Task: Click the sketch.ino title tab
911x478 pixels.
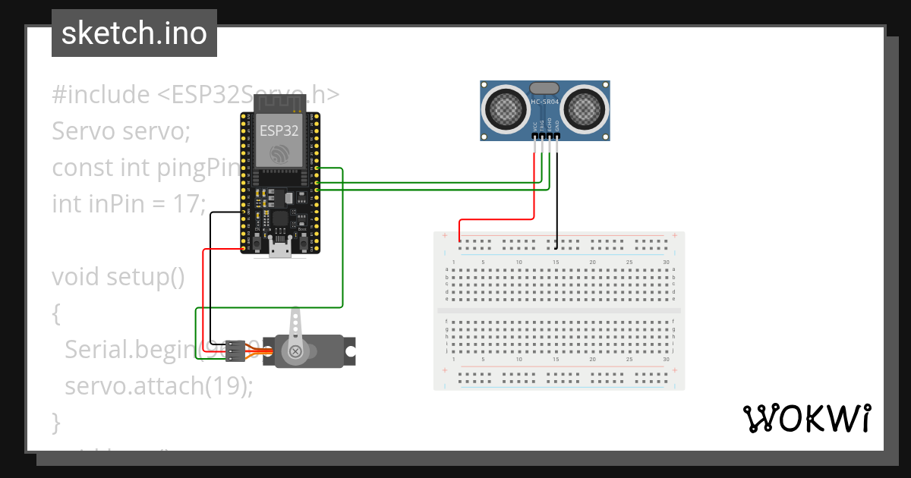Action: [134, 33]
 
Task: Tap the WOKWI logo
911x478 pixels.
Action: [805, 418]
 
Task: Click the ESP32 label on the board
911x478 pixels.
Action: [279, 130]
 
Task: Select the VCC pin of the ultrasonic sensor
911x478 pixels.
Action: [534, 137]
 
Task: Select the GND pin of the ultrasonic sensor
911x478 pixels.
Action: [556, 137]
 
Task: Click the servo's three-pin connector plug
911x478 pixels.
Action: [232, 350]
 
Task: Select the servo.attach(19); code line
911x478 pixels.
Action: [158, 385]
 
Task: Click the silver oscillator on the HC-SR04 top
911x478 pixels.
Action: [544, 88]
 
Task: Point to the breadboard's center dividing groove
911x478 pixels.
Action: [559, 310]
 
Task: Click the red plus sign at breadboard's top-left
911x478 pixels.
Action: [444, 236]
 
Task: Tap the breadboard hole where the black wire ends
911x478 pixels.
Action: [556, 247]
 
